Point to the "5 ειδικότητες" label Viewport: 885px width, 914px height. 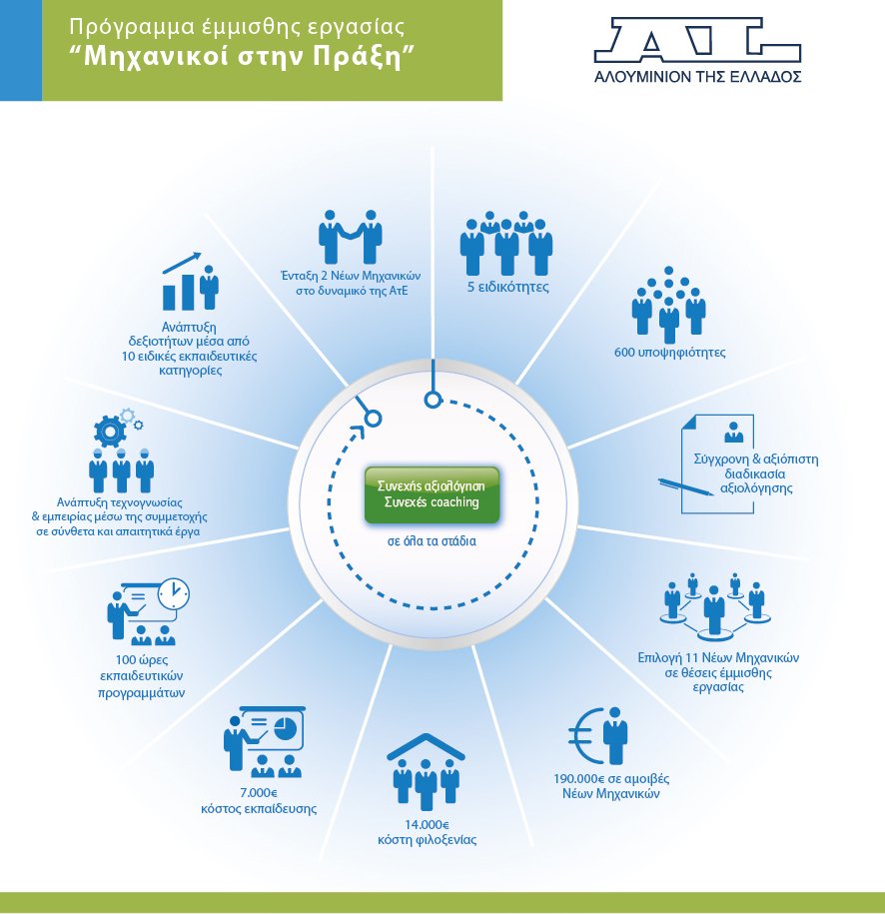508,288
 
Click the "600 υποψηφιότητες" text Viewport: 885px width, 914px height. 669,353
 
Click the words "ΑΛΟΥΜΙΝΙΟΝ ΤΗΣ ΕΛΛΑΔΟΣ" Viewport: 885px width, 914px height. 697,76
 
